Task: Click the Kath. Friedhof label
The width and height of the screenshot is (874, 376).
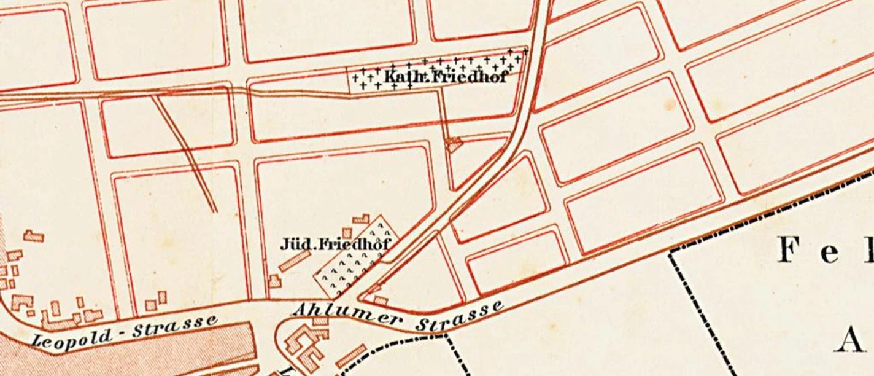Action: [446, 77]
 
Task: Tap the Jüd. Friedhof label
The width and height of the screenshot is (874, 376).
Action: [335, 244]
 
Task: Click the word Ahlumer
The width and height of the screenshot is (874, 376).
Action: [347, 313]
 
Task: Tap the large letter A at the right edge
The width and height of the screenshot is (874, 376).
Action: [850, 340]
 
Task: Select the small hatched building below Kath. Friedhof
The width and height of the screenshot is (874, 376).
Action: [454, 145]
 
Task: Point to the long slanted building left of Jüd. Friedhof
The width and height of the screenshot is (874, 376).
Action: [295, 260]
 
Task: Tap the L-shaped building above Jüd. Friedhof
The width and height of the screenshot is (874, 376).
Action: [361, 219]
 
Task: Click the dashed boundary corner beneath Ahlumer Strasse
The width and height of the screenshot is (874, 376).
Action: [447, 335]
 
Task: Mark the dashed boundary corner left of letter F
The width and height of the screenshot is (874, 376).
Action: [671, 253]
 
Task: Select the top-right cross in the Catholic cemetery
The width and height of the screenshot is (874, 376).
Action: [525, 52]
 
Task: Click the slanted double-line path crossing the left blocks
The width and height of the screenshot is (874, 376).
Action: [184, 154]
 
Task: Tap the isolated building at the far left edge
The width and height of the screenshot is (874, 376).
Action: [34, 235]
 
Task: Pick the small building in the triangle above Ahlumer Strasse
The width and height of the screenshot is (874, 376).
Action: [381, 300]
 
